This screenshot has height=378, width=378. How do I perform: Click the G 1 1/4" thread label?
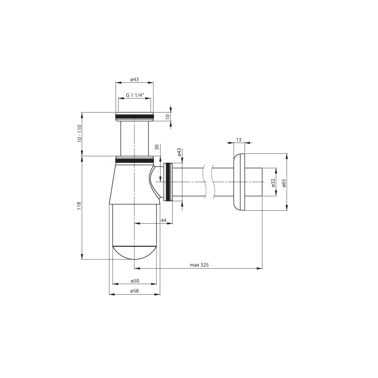pyautogui.click(x=135, y=95)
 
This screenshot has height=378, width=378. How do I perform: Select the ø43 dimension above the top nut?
pyautogui.click(x=134, y=79)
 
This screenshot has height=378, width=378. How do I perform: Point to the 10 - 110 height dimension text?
pyautogui.click(x=80, y=134)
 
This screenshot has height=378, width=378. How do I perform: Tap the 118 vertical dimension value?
pyautogui.click(x=79, y=206)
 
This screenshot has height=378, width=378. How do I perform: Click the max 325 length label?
pyautogui.click(x=199, y=265)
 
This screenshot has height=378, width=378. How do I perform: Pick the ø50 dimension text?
pyautogui.click(x=135, y=281)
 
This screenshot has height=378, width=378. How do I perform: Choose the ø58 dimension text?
pyautogui.click(x=134, y=291)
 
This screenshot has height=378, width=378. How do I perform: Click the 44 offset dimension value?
pyautogui.click(x=164, y=220)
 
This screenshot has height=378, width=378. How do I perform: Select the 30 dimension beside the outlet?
pyautogui.click(x=157, y=147)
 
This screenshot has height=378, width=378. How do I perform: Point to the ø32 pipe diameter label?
pyautogui.click(x=273, y=182)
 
